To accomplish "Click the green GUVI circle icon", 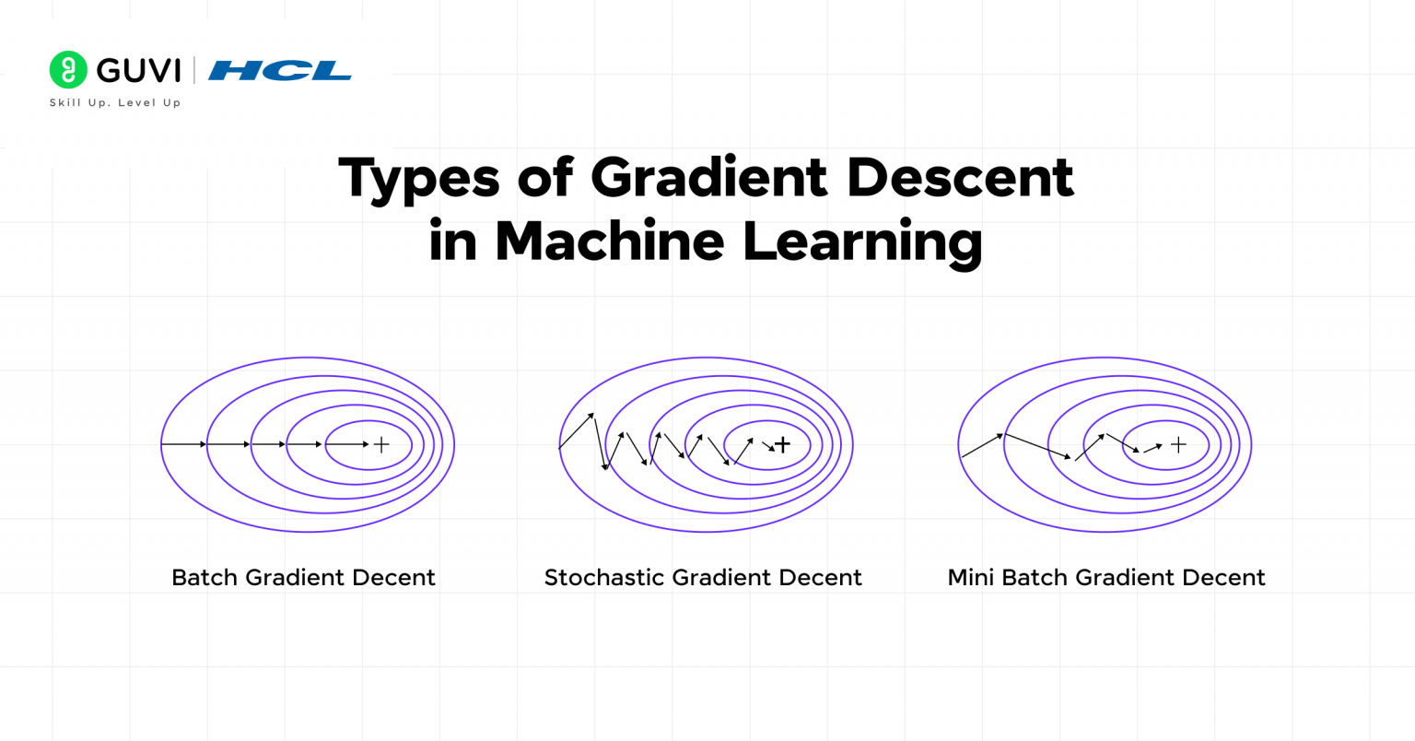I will point(68,70).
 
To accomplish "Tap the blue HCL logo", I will point(280,71).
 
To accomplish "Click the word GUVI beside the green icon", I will point(138,71).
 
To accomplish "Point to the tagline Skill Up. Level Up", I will point(115,103).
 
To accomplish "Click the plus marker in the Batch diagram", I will point(381,445).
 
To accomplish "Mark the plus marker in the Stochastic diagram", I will point(782,445).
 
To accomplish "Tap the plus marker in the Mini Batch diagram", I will point(1178,445).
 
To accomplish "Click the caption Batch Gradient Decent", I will point(303,578).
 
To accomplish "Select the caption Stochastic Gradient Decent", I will point(703,578).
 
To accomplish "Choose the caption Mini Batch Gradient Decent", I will point(1106,578).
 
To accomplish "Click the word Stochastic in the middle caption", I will point(604,578).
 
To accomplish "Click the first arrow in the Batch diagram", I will point(184,444).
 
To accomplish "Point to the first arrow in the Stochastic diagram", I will point(577,431).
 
